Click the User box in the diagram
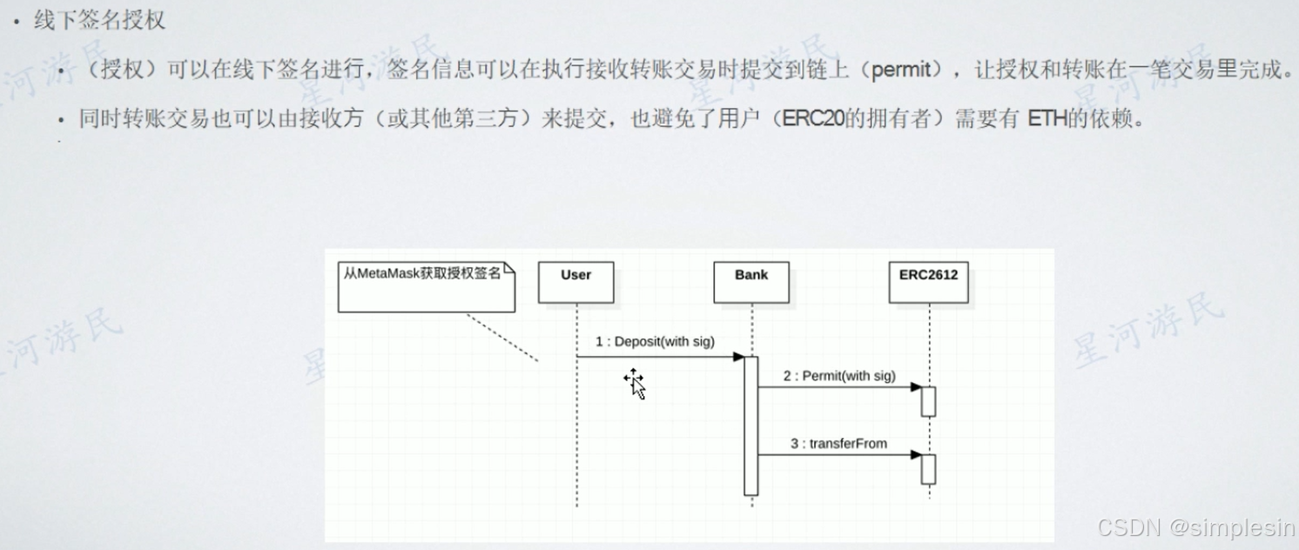[575, 282]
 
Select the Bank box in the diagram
[750, 282]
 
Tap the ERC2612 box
[928, 282]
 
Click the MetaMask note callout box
[427, 287]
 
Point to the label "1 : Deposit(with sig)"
[655, 342]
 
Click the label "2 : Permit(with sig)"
[839, 376]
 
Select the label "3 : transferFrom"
[838, 444]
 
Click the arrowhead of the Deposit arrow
[738, 357]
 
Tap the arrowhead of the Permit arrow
[916, 386]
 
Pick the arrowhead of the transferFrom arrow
[916, 454]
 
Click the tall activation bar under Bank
[750, 426]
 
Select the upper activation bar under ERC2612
[928, 401]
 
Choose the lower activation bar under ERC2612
[928, 469]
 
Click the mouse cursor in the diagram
[636, 384]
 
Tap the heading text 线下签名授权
[99, 20]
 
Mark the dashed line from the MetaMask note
[502, 337]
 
